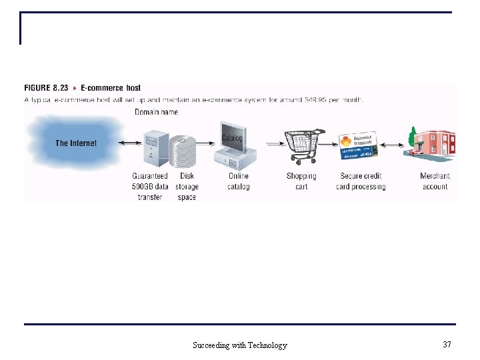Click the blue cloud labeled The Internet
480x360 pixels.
75,143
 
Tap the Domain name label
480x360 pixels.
156,112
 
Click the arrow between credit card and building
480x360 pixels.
395,145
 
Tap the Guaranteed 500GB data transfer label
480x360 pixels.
150,187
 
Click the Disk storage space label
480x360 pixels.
187,187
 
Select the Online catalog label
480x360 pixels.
238,181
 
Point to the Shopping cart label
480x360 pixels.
301,181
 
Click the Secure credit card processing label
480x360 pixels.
361,181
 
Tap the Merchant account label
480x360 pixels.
435,181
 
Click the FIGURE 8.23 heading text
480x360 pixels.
83,88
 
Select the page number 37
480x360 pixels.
447,345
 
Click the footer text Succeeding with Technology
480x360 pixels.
240,345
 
